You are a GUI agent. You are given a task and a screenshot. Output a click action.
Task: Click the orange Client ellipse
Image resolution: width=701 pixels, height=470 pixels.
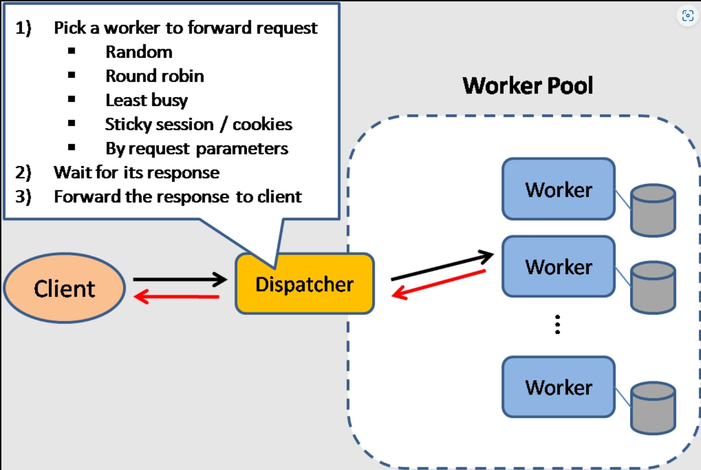[64, 288]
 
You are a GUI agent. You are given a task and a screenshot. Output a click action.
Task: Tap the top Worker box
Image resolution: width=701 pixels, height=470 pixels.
[558, 189]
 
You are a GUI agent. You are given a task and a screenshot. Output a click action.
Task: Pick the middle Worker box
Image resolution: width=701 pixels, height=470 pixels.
[558, 267]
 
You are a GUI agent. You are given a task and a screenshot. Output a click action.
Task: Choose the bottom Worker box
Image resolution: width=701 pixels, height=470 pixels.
[558, 387]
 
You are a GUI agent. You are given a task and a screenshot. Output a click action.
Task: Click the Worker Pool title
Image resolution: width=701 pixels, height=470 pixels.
[528, 86]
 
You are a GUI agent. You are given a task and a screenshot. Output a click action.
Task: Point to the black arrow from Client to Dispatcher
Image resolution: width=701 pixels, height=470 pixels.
[179, 279]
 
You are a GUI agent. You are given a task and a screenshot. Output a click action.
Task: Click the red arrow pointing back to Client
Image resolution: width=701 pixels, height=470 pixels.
[177, 297]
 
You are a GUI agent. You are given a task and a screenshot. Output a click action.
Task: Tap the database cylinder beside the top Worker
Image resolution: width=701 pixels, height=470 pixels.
[653, 211]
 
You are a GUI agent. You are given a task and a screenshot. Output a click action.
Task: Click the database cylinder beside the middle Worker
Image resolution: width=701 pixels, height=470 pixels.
[653, 288]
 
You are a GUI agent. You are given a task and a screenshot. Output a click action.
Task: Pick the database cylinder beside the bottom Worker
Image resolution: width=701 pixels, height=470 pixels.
[653, 408]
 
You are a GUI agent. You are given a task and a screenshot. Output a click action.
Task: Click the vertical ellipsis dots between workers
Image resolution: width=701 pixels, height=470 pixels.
[557, 325]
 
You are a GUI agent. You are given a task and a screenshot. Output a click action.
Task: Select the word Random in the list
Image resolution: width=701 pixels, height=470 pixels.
[139, 52]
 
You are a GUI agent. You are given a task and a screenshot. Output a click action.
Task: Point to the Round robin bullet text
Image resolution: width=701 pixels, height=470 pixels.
[155, 76]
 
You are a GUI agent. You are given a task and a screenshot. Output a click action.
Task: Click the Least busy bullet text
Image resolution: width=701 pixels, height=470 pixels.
[146, 100]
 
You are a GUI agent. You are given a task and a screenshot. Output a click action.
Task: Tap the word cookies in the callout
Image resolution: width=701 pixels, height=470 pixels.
[262, 124]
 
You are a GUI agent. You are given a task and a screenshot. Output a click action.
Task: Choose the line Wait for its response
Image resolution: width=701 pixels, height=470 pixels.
[136, 173]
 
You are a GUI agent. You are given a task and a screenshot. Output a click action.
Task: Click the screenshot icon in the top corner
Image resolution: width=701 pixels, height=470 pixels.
[687, 16]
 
